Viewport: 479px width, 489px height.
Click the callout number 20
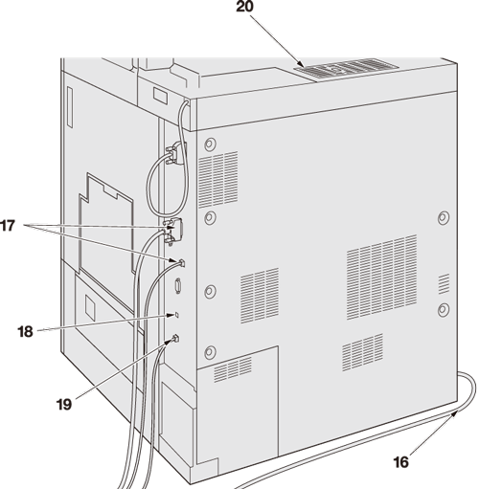pos(244,7)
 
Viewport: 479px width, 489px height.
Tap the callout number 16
pos(400,462)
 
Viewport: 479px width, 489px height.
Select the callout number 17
pos(8,226)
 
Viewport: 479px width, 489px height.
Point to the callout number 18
pos(25,332)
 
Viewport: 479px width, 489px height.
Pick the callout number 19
pos(64,405)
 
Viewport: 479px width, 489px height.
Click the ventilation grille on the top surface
pos(347,68)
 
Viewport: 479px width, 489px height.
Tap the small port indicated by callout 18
pos(177,315)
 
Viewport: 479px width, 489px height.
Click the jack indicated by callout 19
pos(175,339)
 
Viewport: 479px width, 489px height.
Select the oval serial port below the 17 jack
pos(178,285)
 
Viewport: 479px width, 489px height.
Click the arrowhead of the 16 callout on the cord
pos(454,414)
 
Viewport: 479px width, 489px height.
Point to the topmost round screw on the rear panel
pos(210,144)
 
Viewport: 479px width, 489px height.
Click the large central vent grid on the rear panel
pos(382,277)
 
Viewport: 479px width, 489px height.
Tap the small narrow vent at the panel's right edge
pos(444,283)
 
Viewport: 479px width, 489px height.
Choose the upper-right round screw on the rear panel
pos(444,217)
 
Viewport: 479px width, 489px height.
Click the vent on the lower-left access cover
pos(233,369)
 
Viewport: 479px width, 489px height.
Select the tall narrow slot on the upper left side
pos(70,107)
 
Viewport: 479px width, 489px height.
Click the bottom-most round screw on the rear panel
pos(210,352)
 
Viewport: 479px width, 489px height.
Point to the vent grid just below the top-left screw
pos(218,179)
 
